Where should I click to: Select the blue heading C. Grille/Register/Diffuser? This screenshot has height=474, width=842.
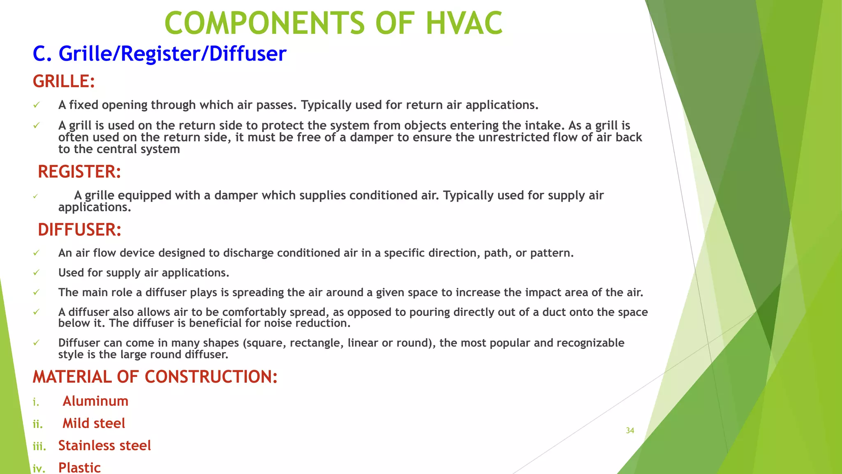click(x=160, y=54)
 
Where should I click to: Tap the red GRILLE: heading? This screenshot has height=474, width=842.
click(x=64, y=81)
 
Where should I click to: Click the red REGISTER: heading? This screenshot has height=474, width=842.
click(x=79, y=172)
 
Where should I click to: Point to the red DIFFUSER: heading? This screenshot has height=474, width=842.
click(x=79, y=230)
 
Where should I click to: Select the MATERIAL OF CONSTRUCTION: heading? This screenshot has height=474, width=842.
click(x=155, y=377)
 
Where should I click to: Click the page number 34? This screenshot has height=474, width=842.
click(x=630, y=431)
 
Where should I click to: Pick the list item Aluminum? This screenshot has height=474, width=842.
click(x=95, y=401)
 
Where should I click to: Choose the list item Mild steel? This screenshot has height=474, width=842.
click(x=94, y=423)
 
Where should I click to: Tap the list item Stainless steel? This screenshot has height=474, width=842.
click(x=104, y=446)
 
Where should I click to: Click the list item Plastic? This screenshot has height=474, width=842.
click(x=79, y=468)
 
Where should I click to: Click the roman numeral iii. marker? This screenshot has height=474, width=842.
click(x=39, y=446)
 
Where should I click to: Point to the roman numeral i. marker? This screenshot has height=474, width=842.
click(x=36, y=402)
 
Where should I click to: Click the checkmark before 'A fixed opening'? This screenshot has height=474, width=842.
click(x=36, y=105)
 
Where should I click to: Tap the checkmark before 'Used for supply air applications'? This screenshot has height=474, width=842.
click(x=36, y=273)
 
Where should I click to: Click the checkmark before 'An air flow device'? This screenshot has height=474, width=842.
click(x=36, y=253)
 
